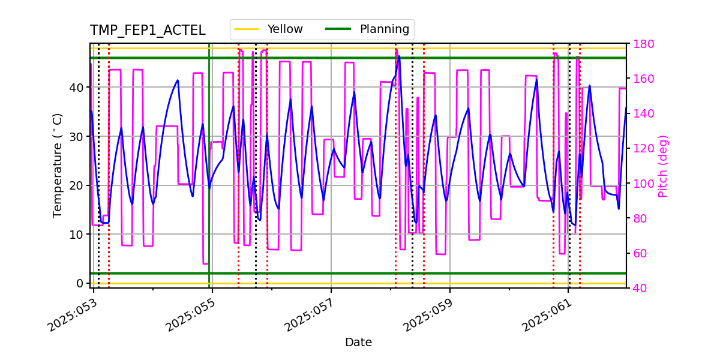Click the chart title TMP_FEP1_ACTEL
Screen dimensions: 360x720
click(148, 31)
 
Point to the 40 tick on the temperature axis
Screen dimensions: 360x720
click(79, 88)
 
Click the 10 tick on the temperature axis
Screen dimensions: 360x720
click(79, 234)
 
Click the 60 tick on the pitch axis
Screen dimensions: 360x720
click(638, 253)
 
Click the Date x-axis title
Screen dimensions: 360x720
click(358, 343)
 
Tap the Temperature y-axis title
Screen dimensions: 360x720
click(58, 165)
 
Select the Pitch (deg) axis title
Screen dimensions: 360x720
click(663, 166)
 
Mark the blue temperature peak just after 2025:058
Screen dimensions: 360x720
click(399, 57)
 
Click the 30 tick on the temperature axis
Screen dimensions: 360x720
click(79, 136)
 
